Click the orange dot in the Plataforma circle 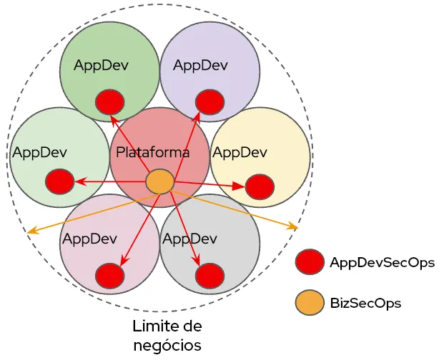click(159, 181)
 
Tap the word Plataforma click(153, 152)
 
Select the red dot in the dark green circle click(109, 101)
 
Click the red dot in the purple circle click(209, 102)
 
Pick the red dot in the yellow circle click(260, 187)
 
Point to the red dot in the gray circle click(209, 275)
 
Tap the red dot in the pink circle click(109, 275)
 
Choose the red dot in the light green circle click(59, 182)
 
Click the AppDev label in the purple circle click(201, 65)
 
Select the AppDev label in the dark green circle click(101, 65)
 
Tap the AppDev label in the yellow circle click(240, 152)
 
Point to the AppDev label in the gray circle click(190, 239)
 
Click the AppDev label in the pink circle click(89, 239)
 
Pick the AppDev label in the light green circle click(40, 152)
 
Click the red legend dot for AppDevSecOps click(310, 263)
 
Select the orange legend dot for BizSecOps click(310, 303)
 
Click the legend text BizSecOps click(365, 303)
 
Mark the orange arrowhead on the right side click(293, 226)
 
